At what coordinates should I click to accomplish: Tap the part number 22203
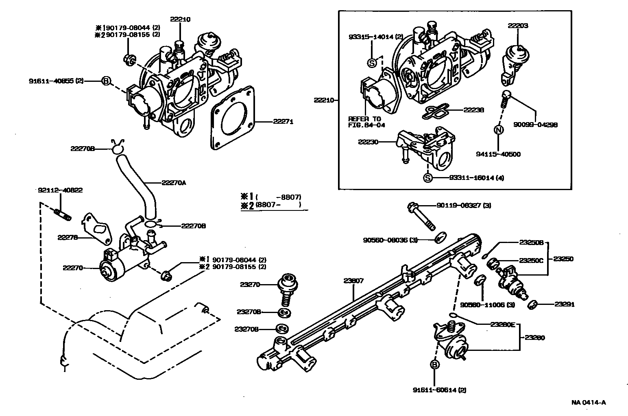click(518, 25)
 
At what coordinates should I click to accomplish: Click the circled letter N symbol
click(499, 130)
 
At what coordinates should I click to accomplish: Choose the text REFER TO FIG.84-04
click(366, 122)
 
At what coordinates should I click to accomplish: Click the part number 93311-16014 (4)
click(476, 178)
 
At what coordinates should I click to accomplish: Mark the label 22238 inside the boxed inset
click(474, 110)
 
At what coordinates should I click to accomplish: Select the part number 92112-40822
click(60, 190)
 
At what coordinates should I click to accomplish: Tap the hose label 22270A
click(174, 183)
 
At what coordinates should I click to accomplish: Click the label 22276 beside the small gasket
click(68, 237)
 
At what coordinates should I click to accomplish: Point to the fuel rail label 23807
click(353, 280)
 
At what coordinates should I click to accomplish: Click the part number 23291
click(565, 304)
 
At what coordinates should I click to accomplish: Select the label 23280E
click(502, 324)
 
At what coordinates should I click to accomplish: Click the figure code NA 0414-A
click(588, 403)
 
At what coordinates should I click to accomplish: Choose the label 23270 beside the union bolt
click(250, 285)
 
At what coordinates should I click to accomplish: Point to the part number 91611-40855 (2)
click(56, 81)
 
